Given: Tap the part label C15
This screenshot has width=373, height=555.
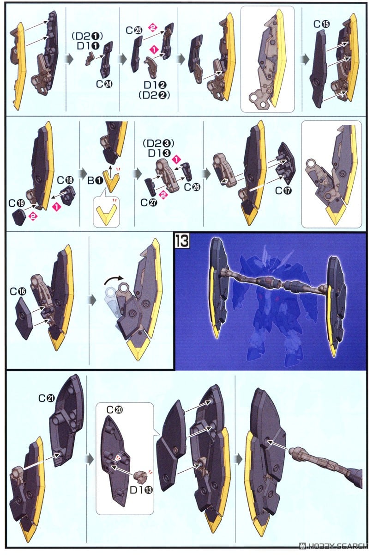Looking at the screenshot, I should pos(322,24).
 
